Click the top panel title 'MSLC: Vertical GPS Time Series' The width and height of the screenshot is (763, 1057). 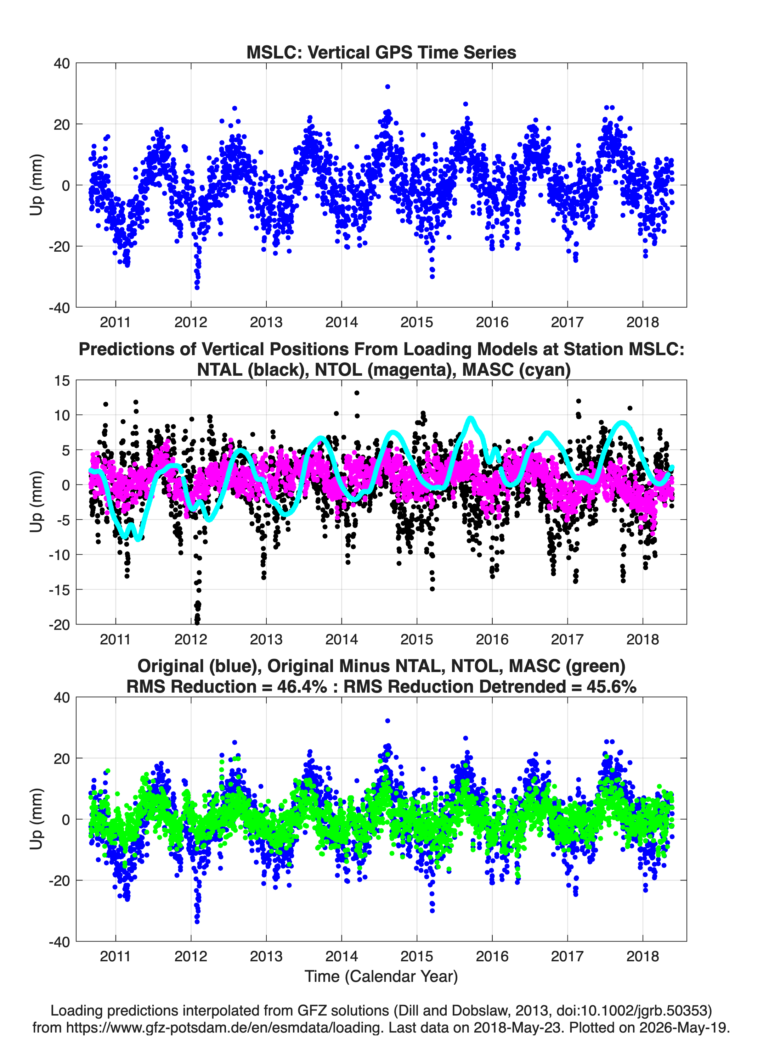point(381,52)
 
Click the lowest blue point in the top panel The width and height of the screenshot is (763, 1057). point(197,287)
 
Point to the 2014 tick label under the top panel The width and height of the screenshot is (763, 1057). point(341,322)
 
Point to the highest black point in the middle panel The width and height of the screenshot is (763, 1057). point(357,393)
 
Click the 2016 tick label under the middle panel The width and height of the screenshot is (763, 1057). point(492,639)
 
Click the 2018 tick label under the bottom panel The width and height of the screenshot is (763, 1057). point(643,956)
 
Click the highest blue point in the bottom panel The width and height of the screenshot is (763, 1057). point(388,721)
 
